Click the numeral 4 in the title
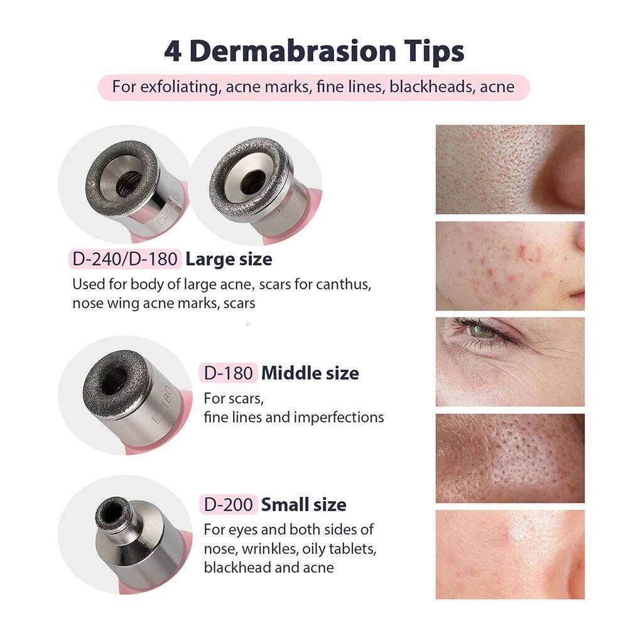pos(173,51)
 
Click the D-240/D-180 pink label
pos(125,259)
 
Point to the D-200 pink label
pos(229,504)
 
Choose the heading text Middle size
pos(310,373)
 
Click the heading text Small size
pos(303,504)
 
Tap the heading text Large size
pos(229,259)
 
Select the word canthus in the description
pos(344,284)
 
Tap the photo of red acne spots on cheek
pos(510,266)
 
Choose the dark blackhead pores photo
pos(510,458)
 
